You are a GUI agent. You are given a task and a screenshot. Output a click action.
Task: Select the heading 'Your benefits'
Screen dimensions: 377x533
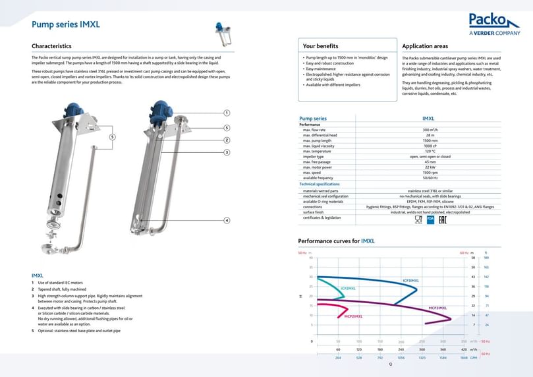320,46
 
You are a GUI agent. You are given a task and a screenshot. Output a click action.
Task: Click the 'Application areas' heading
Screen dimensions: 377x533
425,46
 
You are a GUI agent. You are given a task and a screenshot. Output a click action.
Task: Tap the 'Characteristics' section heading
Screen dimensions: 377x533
51,46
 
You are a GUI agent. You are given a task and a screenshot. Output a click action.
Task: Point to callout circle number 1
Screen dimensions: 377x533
227,113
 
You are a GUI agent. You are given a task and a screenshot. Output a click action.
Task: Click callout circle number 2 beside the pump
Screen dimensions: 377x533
227,140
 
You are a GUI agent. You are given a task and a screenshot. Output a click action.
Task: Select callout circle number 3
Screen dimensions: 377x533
227,152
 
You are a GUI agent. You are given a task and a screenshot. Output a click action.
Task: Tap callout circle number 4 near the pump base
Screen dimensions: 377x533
227,220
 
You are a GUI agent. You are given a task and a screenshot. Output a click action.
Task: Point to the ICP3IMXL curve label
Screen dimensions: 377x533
410,280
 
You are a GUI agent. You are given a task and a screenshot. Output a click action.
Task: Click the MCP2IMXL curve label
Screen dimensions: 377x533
353,316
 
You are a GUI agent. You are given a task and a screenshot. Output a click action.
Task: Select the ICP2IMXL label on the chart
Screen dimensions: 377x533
348,288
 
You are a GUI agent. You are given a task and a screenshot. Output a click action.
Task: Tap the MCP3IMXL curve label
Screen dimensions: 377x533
437,308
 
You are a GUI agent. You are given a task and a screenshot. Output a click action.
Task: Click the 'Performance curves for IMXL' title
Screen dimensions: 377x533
336,241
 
